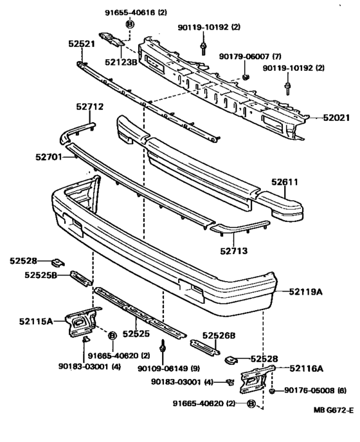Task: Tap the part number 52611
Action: [285, 183]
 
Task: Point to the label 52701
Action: [49, 155]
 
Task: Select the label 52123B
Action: [121, 62]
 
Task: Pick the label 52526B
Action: [219, 335]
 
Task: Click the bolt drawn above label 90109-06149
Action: [163, 347]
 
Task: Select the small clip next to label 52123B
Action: [113, 39]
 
